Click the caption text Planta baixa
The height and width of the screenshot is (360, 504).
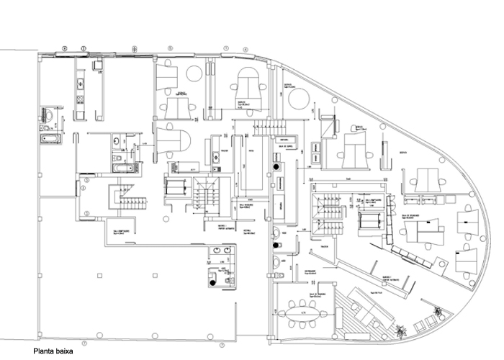(x=53, y=353)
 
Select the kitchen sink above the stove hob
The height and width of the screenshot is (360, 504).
(x=81, y=81)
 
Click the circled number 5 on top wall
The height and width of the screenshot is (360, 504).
(x=171, y=48)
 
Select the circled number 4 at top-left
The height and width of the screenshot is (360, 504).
(x=64, y=48)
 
